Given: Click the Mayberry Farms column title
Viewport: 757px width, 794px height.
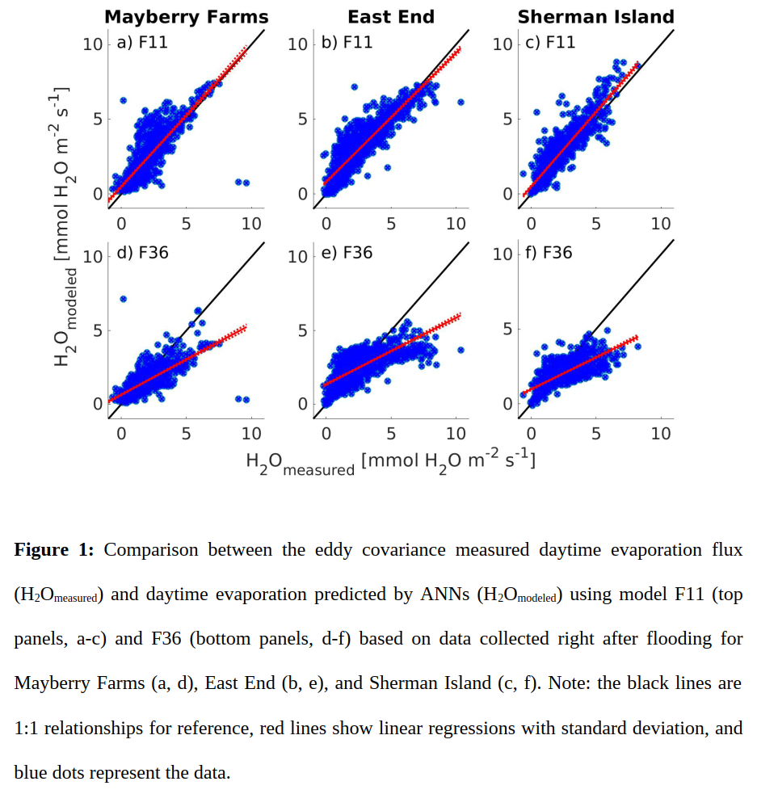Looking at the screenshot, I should (x=187, y=16).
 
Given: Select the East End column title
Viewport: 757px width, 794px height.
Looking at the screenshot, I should (x=391, y=16).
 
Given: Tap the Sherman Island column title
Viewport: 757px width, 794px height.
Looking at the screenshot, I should (x=595, y=16).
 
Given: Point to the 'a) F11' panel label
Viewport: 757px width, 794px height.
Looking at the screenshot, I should (x=142, y=42).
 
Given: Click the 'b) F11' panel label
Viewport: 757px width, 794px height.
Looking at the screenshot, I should (x=347, y=42).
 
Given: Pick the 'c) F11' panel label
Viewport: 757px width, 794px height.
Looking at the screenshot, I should (x=550, y=42).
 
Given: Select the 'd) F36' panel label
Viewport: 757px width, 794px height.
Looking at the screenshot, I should (x=142, y=253).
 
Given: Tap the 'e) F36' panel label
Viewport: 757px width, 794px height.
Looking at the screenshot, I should (x=347, y=253).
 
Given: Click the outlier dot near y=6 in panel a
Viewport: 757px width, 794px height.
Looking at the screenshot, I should (x=124, y=101).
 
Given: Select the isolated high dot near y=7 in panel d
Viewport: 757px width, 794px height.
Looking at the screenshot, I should (x=123, y=299).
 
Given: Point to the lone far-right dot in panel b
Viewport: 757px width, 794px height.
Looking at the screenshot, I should (x=461, y=102).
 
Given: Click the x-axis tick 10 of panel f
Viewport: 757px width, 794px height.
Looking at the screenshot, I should (x=661, y=434).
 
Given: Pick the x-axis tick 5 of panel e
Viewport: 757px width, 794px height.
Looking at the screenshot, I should (x=391, y=434).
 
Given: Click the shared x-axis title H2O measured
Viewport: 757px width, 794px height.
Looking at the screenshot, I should (x=391, y=463).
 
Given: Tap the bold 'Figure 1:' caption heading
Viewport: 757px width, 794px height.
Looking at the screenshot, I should (x=54, y=550).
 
